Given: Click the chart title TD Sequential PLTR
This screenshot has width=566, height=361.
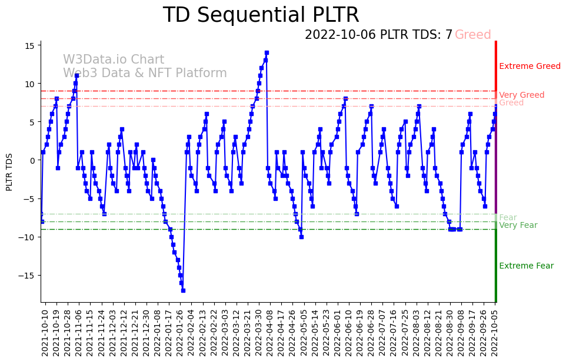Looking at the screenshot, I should tap(261, 15).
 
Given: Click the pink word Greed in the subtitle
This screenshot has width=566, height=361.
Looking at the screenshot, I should tap(472, 35).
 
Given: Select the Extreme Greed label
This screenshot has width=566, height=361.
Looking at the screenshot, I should tap(530, 66).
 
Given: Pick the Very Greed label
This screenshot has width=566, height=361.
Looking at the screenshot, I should tap(521, 95).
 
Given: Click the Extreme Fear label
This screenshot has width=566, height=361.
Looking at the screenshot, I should tap(526, 266).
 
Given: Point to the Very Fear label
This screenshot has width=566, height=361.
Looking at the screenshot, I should tap(518, 225).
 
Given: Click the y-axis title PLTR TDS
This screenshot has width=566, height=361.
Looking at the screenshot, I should tap(9, 171).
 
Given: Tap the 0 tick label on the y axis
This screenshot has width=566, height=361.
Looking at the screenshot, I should tap(34, 160).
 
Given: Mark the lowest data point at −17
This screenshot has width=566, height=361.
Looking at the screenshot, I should tap(183, 290).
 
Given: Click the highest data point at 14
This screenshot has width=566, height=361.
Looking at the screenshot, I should tap(267, 53).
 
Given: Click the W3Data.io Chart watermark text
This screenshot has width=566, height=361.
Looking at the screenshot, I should tap(114, 59).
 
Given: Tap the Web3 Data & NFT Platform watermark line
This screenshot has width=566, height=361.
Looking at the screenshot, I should tap(145, 73).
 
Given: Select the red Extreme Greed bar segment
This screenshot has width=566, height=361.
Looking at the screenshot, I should tap(496, 65).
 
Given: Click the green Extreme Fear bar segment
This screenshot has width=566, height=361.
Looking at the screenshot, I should tap(496, 265).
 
